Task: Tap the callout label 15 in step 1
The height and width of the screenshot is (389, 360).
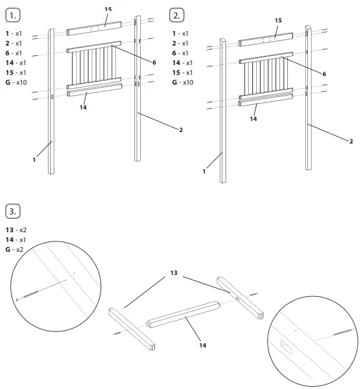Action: point(108,10)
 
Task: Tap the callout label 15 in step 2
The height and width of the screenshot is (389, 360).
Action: point(278,20)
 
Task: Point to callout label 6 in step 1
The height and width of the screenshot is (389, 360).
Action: point(154,62)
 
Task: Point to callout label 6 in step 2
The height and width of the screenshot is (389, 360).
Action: point(324,74)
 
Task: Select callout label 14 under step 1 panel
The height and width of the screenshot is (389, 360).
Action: point(83,107)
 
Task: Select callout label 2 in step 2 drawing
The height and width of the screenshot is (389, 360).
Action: point(351,141)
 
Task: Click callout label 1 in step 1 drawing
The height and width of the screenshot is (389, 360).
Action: point(34,160)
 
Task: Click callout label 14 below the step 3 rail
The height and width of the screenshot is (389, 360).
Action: point(202,345)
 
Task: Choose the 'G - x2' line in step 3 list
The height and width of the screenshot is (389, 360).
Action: point(15,249)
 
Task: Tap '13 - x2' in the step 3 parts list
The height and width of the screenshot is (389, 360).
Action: point(16,229)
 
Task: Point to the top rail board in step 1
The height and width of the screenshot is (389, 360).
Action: point(94,28)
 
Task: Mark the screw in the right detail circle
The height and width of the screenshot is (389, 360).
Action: point(344,332)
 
